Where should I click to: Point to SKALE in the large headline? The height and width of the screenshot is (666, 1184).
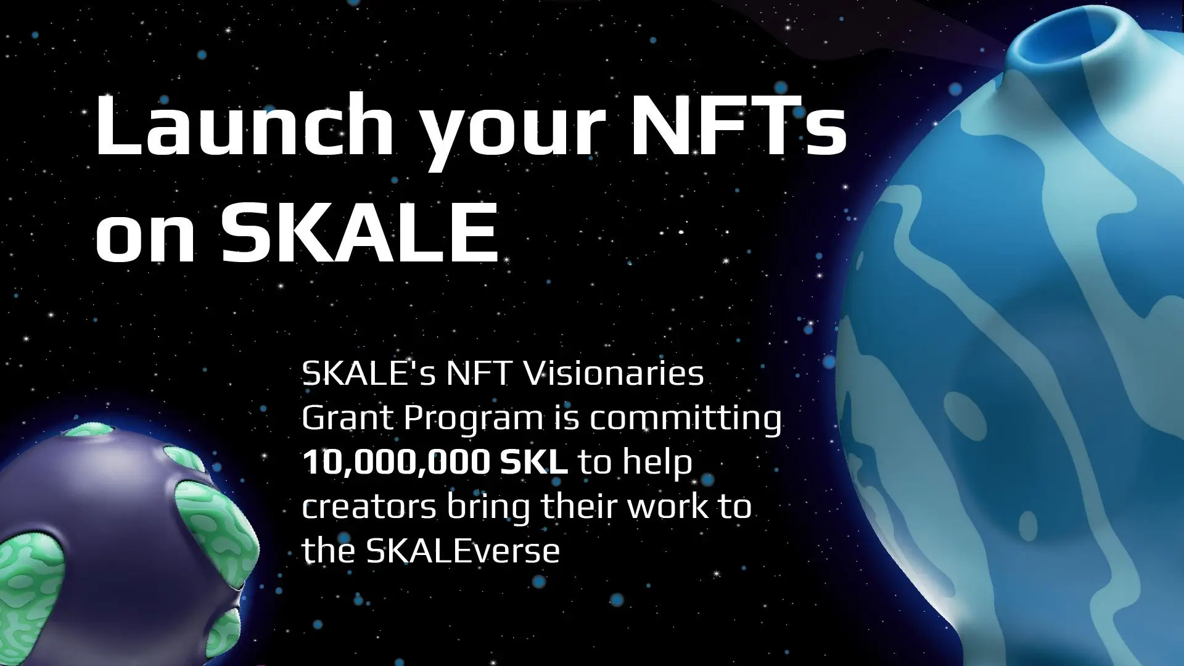click(360, 232)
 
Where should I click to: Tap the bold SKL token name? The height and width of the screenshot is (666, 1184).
click(533, 462)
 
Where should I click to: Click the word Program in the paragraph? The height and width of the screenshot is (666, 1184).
click(474, 419)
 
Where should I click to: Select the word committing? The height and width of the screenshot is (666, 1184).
click(685, 419)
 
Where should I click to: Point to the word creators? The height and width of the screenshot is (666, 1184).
click(369, 508)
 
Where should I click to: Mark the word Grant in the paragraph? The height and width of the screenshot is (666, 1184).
click(347, 418)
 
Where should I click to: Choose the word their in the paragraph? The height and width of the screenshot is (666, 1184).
click(579, 506)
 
